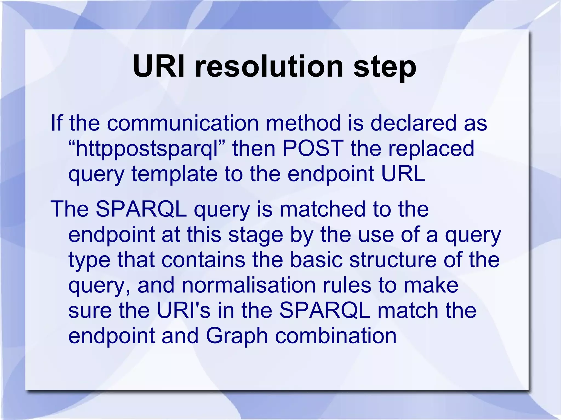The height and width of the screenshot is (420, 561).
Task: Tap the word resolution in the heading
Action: point(269,66)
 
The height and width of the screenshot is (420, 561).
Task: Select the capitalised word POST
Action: point(313,149)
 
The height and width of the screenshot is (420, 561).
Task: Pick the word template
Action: point(174,174)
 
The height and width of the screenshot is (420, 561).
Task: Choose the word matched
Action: point(322,209)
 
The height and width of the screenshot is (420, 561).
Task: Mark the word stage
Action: point(255,235)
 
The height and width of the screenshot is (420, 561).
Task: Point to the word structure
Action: point(393,260)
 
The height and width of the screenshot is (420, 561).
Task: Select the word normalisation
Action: point(248,285)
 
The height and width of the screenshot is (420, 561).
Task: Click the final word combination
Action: point(336,336)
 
